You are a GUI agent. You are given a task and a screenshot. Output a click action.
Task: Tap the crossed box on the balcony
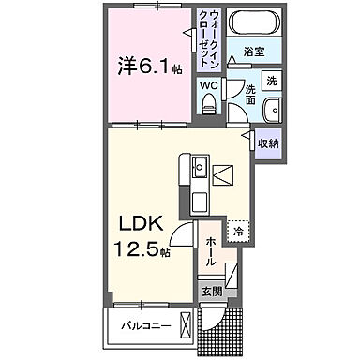[x=186, y=327]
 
